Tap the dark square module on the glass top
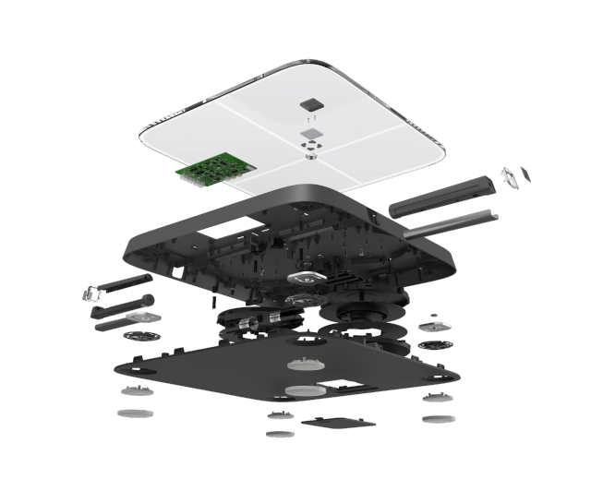[311, 104]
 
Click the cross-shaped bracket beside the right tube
[508, 177]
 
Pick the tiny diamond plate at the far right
[525, 174]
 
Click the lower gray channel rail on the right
[448, 223]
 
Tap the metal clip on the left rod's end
[91, 294]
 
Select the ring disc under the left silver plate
[139, 337]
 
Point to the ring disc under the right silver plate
[434, 345]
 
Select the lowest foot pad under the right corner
[438, 419]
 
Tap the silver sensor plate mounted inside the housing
[306, 276]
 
